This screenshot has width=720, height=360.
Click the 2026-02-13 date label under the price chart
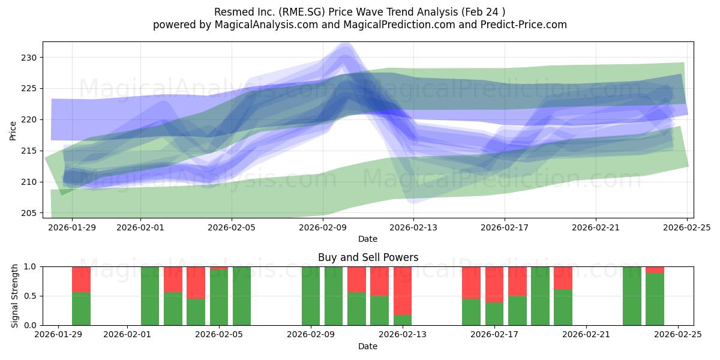tap(413, 227)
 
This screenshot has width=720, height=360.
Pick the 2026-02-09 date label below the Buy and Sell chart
tap(311, 335)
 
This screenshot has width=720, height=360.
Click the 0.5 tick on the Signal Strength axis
tap(32, 296)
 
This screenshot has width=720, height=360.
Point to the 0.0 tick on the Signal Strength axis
tap(32, 325)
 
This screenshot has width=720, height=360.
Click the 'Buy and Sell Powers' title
tap(368, 258)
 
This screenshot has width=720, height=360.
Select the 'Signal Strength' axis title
tap(15, 296)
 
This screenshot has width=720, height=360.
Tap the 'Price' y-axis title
tap(13, 130)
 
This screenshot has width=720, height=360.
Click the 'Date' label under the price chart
tap(368, 239)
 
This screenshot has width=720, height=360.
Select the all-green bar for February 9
tap(311, 296)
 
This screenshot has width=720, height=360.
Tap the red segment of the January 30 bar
tap(81, 279)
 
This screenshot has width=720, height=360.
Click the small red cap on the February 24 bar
tap(655, 270)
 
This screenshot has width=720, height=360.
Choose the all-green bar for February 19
tap(540, 296)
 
